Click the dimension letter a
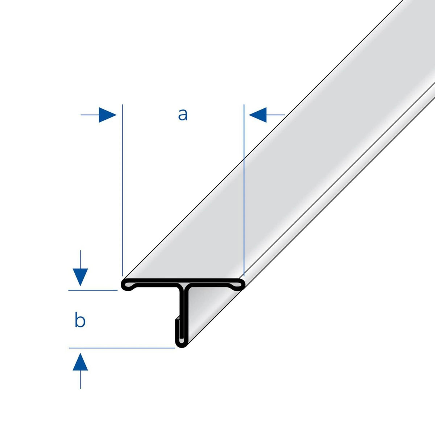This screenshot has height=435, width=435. pyautogui.click(x=183, y=115)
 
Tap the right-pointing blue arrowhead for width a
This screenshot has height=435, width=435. pyautogui.click(x=107, y=115)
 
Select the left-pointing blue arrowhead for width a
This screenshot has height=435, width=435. pyautogui.click(x=258, y=115)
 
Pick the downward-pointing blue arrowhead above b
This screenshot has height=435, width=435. pyautogui.click(x=80, y=277)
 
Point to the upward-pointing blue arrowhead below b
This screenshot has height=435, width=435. pyautogui.click(x=80, y=362)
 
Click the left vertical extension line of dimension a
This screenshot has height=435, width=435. pyautogui.click(x=122, y=190)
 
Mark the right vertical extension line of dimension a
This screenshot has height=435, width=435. pyautogui.click(x=244, y=190)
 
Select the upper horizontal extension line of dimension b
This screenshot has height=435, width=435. pyautogui.click(x=93, y=290)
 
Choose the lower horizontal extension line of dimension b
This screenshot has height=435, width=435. pyautogui.click(x=122, y=348)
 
